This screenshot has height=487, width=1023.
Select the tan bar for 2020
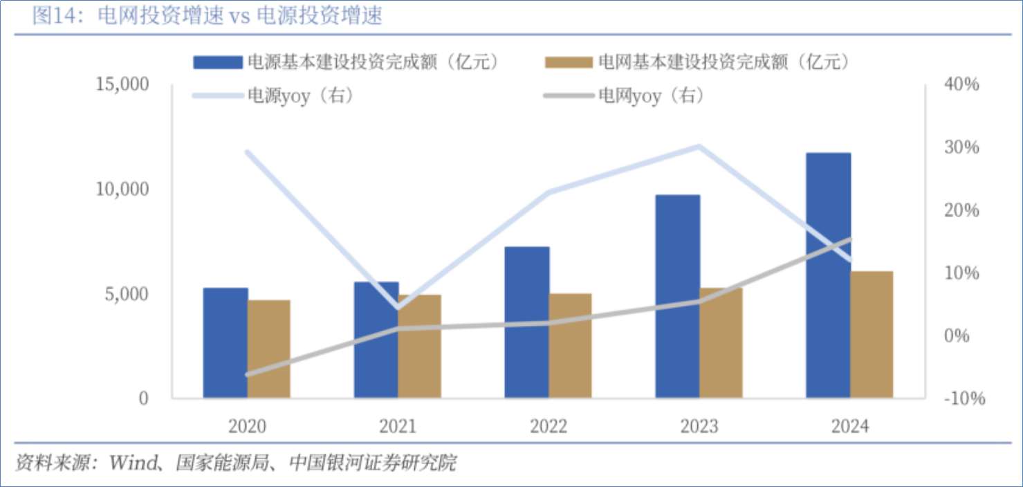tap(269, 349)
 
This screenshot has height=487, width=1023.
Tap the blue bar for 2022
tap(527, 322)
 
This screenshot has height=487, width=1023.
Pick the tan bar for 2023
tap(721, 343)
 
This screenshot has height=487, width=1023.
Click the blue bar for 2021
tap(376, 340)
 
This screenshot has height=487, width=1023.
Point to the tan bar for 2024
tap(872, 335)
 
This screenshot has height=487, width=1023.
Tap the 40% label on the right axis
tap(961, 84)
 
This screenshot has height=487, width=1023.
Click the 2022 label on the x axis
tap(549, 425)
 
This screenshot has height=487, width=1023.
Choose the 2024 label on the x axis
tap(850, 425)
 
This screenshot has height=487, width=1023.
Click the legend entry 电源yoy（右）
tap(300, 95)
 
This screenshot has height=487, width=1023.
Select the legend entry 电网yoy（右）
tap(650, 95)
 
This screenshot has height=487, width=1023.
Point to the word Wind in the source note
tap(133, 462)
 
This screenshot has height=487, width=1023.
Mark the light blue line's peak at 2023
tap(699, 147)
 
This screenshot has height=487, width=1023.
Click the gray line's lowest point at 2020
tap(248, 374)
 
